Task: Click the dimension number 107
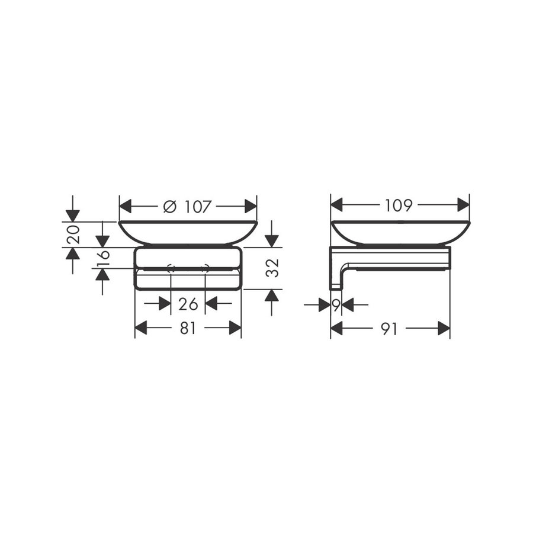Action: (198, 207)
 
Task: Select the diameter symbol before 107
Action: (169, 207)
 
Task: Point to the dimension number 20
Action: (73, 235)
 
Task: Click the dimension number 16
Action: (103, 258)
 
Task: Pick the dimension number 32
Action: (272, 268)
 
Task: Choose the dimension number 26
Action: (188, 304)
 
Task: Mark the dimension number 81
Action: (188, 329)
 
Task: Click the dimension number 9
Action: (336, 306)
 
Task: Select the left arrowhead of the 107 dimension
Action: (126, 207)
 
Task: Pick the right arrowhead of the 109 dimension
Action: (463, 206)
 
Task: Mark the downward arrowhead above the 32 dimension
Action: (272, 240)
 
